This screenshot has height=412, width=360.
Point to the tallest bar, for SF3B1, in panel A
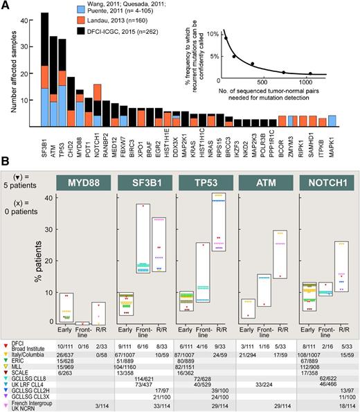coord(45,69)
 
